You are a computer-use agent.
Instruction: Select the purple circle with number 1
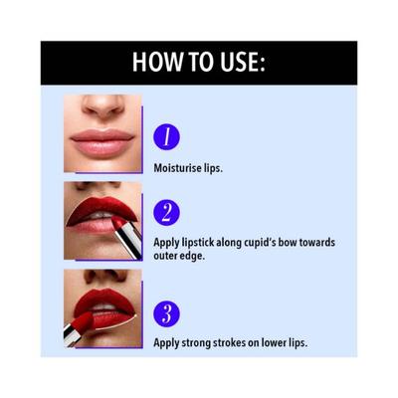[x=167, y=136]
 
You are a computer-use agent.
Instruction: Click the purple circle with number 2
[x=167, y=213]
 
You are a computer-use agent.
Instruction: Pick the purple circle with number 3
[x=167, y=313]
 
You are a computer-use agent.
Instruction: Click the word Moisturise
[x=179, y=168]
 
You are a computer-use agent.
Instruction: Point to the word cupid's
[x=260, y=242]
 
